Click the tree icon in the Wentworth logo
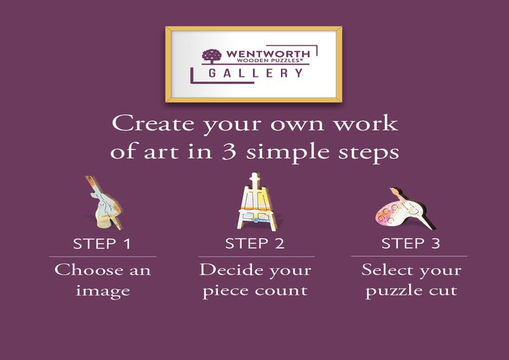point(212,56)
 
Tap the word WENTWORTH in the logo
point(268,54)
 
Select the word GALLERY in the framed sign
point(256,73)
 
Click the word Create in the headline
point(153,124)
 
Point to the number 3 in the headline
point(229,151)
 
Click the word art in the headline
point(162,151)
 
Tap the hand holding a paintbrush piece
point(105,202)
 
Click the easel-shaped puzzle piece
point(256,202)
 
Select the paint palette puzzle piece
point(406,209)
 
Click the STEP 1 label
point(102,244)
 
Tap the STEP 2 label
point(254,243)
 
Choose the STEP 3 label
point(411,243)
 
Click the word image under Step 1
point(103,291)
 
